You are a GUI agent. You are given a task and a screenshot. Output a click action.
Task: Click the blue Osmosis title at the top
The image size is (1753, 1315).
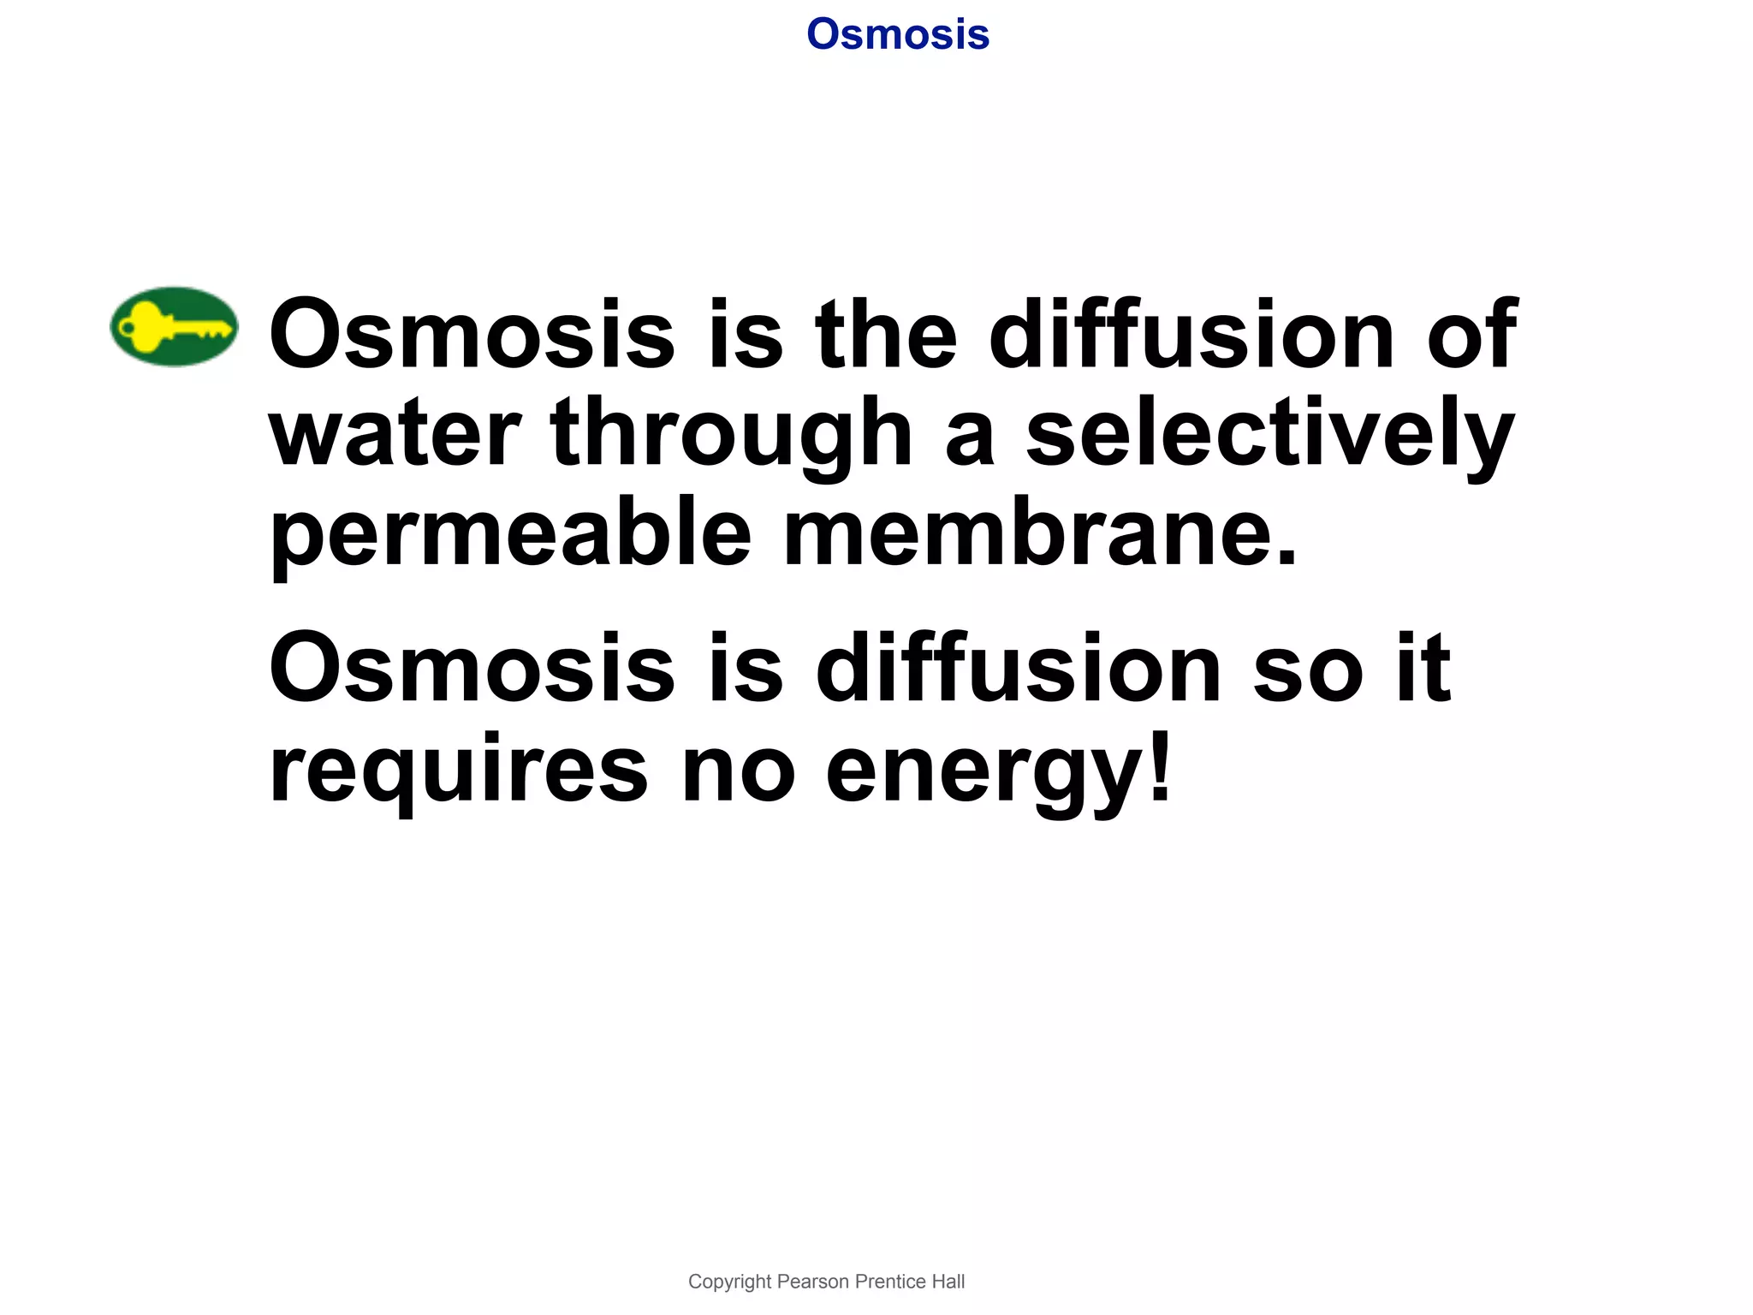coord(898,35)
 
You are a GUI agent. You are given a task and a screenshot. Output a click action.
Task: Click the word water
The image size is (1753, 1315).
coord(395,435)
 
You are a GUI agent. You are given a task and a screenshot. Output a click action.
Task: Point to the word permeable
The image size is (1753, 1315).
coord(510,535)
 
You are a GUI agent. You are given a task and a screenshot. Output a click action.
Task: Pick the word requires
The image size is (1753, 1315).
coord(459,771)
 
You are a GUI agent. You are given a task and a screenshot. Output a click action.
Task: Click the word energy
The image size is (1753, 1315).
coord(984,771)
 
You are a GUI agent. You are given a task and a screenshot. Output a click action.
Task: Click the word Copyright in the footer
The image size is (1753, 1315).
coord(729,1282)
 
